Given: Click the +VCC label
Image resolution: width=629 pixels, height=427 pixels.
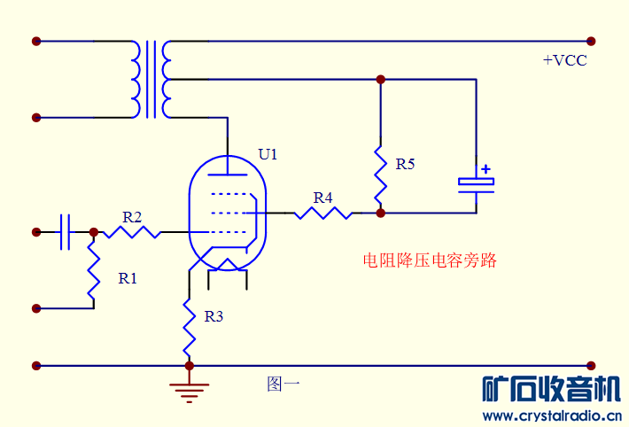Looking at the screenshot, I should [564, 61].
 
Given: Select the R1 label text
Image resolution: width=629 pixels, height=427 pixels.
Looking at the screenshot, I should [128, 278].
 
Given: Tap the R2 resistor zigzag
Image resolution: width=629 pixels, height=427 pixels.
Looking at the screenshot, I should [131, 232].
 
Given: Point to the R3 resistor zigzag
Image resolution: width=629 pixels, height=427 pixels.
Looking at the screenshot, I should [189, 325].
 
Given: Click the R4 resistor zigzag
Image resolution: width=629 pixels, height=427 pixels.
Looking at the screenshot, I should [322, 213].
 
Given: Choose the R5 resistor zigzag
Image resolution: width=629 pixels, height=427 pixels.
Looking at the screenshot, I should [381, 175].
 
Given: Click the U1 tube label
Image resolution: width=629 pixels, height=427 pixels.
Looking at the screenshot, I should [268, 154].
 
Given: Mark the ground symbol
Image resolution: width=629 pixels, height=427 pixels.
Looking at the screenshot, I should [189, 391].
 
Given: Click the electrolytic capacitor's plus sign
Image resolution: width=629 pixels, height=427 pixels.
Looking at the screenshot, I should [485, 168].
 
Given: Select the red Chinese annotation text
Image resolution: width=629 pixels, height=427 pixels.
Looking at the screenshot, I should [430, 261].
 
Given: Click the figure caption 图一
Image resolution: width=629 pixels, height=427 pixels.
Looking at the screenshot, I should [283, 384].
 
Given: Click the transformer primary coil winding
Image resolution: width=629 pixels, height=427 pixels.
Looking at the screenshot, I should [136, 79].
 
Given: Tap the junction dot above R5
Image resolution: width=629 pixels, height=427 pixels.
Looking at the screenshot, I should [381, 80].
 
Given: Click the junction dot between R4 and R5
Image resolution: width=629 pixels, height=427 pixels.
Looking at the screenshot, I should [381, 213].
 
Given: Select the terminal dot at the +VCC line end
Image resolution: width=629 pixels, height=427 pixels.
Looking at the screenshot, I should [591, 41].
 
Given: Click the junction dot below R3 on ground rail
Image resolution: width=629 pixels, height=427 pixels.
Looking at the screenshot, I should [189, 365].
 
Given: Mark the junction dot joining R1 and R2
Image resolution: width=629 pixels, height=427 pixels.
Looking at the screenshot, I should [93, 232].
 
